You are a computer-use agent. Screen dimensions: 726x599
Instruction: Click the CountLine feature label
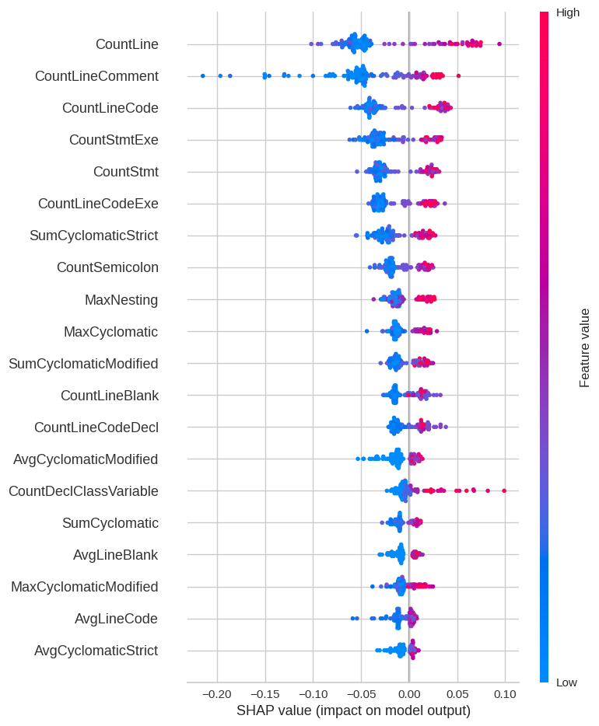127,44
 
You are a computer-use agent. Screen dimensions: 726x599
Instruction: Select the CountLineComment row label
96,76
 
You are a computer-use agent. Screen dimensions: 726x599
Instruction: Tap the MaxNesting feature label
121,300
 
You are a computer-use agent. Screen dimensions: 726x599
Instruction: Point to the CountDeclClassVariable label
83,491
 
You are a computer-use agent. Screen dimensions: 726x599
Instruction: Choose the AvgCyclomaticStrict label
96,651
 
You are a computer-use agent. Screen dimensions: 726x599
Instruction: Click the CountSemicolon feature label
107,267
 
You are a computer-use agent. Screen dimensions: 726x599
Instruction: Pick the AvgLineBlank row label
115,555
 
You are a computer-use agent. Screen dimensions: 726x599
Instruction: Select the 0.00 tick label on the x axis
409,693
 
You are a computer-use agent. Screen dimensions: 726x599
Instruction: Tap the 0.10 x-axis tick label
505,693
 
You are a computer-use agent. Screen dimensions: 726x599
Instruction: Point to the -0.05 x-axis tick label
360,693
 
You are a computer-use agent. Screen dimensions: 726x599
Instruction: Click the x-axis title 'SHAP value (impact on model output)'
353,710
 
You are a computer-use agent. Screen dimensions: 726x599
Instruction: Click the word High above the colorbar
567,12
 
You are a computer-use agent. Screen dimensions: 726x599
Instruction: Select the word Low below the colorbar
566,682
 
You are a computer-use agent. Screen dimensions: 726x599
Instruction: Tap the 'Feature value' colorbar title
584,347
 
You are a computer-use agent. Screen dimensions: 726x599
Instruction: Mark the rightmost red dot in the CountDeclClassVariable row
504,490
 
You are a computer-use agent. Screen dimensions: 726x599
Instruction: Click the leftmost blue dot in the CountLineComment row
203,75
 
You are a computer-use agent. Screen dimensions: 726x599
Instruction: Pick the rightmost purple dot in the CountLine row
499,44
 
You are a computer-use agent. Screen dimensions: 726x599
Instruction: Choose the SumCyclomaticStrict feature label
93,236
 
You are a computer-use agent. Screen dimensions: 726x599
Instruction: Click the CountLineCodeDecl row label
96,428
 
